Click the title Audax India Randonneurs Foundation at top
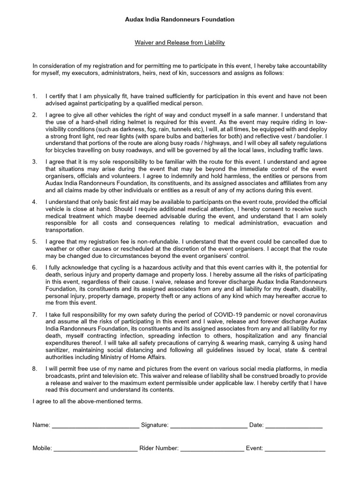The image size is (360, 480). [180, 20]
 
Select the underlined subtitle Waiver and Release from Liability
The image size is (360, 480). [180, 43]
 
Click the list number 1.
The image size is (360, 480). [35, 96]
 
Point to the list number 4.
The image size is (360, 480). [35, 201]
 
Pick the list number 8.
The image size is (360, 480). [35, 369]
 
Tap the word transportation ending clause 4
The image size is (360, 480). [65, 230]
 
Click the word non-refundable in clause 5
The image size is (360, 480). [151, 241]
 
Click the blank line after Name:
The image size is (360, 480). [95, 426]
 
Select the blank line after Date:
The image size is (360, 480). [294, 426]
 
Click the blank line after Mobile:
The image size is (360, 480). [96, 449]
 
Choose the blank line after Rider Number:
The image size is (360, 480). [212, 449]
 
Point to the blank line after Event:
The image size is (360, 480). [295, 449]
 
